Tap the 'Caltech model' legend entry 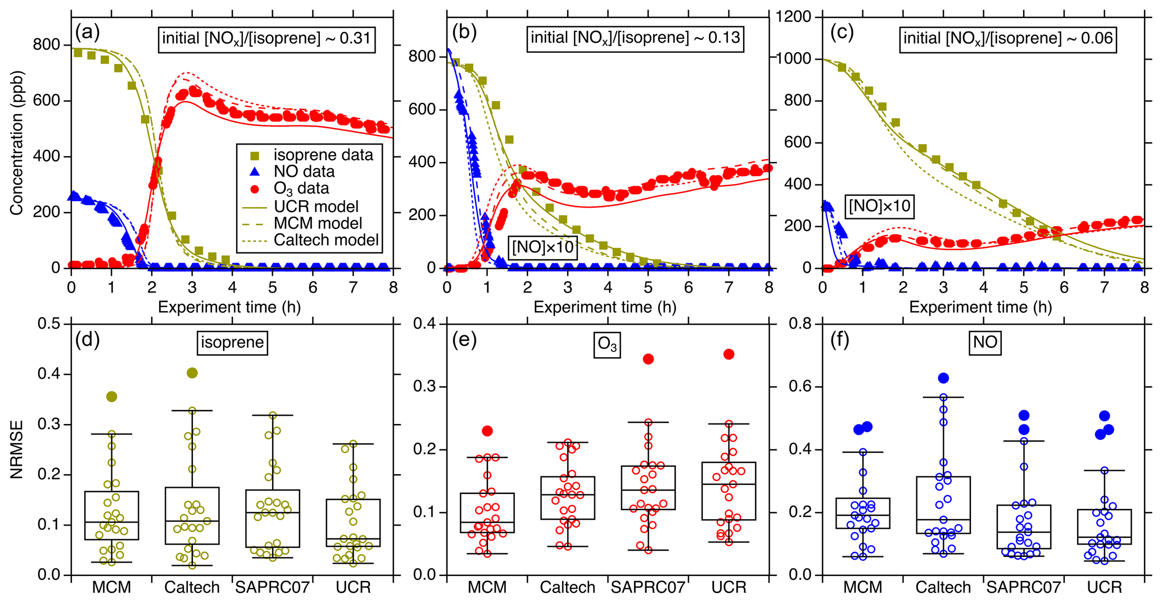point(325,240)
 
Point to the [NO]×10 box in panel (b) point(542,247)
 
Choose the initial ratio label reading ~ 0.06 point(1008,38)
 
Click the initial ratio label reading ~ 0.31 point(266,38)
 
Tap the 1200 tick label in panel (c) point(793,17)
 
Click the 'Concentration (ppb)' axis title point(17,143)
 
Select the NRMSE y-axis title point(17,449)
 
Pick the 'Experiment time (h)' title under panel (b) point(604,307)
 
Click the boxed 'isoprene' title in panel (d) point(232,342)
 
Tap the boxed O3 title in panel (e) point(607,344)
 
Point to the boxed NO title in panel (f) point(985,342)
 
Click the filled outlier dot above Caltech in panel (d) point(192,373)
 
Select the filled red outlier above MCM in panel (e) point(487,431)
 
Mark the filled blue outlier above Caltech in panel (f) point(943,378)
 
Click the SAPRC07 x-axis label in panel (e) point(648,588)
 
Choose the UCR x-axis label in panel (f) point(1104,588)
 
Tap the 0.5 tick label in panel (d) point(49,323)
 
